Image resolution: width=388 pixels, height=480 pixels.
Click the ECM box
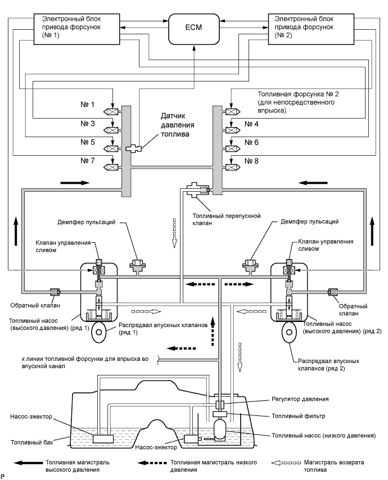tap(193, 28)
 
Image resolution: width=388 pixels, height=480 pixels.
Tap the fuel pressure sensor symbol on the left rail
tap(135, 149)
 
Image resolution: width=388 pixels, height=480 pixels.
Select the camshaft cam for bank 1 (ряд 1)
tap(100, 332)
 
